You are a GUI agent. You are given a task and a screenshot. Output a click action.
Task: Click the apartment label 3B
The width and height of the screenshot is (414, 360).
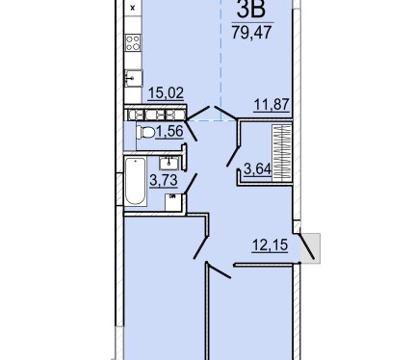251,9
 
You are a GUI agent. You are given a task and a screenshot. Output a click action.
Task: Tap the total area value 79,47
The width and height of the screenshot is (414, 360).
252,32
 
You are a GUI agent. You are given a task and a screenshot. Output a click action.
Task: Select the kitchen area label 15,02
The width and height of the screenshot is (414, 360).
166,93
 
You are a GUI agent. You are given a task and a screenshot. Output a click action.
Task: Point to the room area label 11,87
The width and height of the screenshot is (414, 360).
272,105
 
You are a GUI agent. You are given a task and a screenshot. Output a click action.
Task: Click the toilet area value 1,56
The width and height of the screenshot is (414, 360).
169,132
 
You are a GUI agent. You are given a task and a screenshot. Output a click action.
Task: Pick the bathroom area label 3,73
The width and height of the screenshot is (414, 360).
164,180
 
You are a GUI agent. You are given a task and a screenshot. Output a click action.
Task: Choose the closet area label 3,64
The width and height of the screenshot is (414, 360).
258,168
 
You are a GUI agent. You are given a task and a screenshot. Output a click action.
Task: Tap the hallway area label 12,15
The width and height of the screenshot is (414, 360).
270,245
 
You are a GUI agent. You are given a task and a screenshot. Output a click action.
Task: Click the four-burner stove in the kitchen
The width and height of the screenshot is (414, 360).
133,42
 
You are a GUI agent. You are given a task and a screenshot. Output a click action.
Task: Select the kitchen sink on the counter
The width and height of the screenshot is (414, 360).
133,78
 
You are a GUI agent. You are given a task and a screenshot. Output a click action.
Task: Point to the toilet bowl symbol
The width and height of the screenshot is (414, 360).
145,133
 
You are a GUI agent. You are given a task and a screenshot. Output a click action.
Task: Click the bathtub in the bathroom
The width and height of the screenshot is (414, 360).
136,181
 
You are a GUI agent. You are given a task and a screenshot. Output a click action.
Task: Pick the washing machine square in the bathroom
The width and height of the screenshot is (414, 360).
173,202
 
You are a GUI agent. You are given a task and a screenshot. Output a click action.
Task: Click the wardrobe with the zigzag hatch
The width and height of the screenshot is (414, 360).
282,152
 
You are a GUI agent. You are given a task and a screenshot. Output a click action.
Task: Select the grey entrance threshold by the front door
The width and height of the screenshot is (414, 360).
310,248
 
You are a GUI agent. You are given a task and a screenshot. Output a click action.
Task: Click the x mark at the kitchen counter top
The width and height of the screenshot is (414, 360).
133,8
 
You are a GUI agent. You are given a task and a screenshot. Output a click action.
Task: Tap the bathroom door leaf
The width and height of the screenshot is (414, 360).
191,184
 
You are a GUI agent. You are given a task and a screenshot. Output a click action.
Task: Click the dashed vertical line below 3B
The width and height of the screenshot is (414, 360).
221,61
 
